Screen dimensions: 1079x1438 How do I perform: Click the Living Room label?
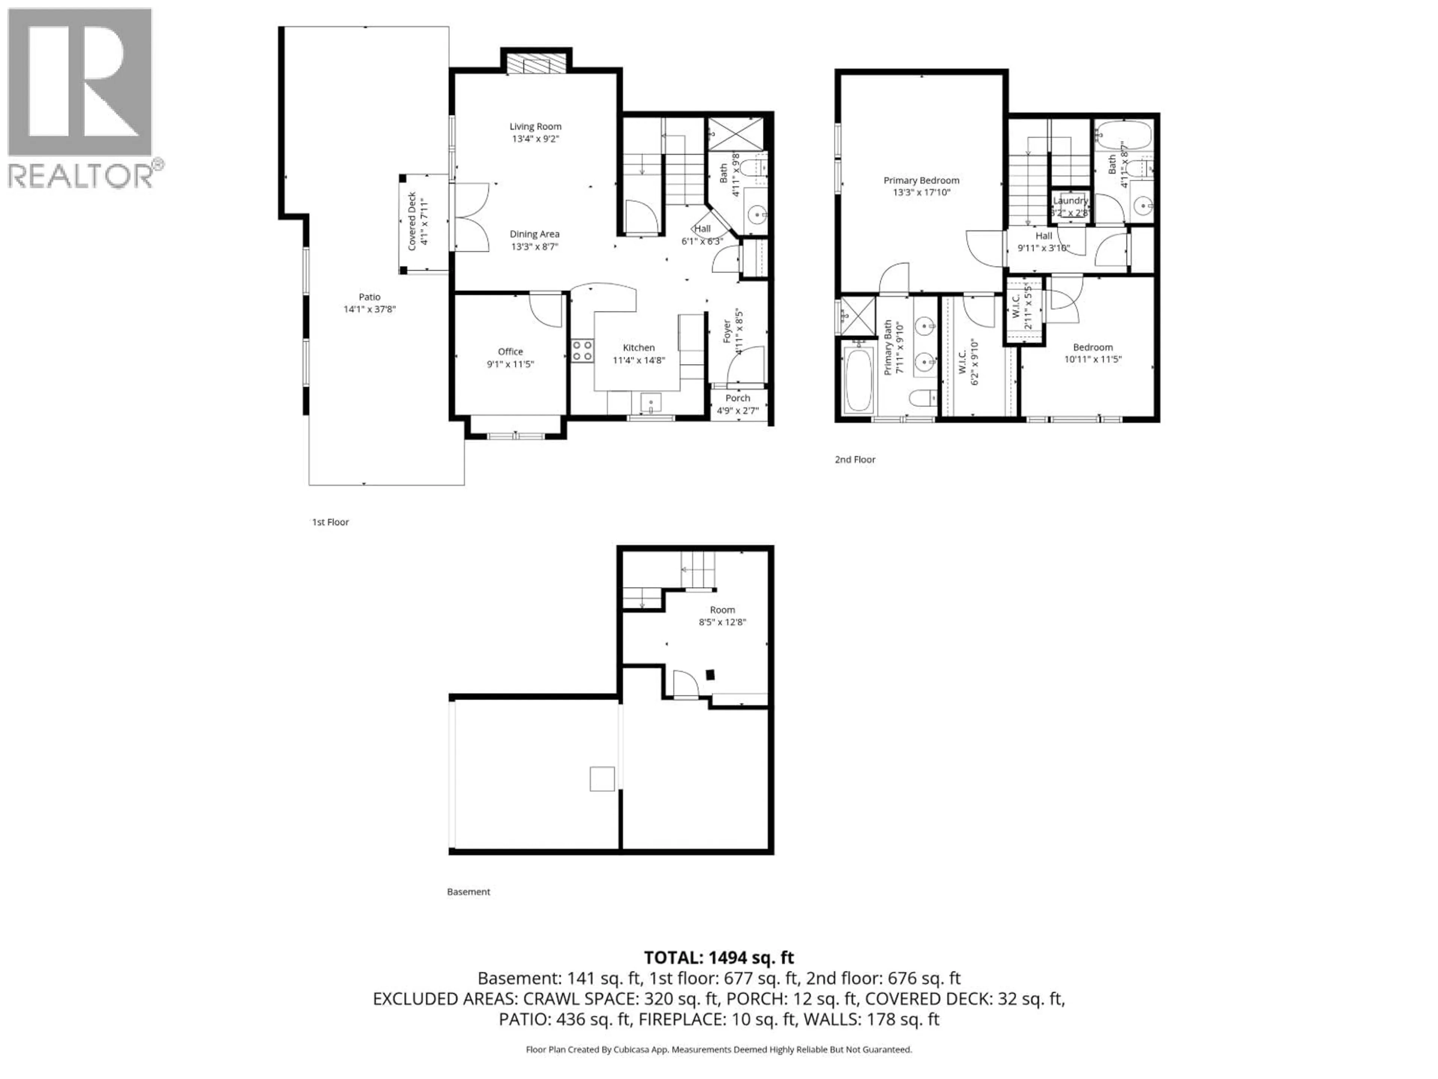click(535, 126)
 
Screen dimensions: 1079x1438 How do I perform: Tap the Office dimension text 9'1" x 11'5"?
click(510, 364)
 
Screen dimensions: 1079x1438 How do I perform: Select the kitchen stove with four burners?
click(582, 351)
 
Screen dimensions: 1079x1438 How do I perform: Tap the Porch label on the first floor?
click(737, 398)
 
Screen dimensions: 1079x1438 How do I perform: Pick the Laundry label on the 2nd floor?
click(1070, 201)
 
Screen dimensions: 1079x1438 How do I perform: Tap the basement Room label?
click(722, 610)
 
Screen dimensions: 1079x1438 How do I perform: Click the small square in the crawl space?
click(602, 779)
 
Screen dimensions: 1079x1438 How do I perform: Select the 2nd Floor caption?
click(855, 459)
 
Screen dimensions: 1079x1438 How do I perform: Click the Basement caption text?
click(468, 892)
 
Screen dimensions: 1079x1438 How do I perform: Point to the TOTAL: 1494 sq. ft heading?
click(718, 957)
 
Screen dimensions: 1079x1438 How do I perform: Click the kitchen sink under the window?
click(651, 403)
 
